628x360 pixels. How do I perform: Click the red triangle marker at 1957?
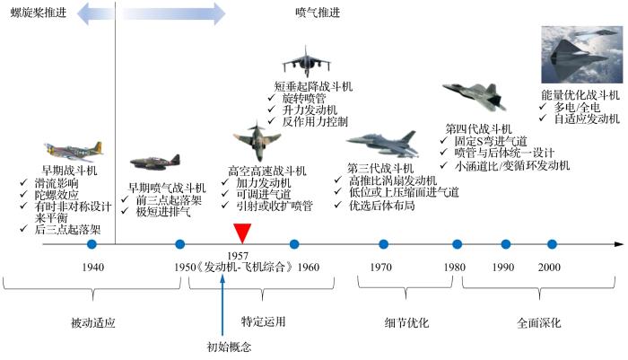(x=241, y=233)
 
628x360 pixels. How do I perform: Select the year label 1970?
(x=382, y=267)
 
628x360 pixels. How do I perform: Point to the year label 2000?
(x=550, y=267)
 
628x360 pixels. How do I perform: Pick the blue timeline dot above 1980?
(x=458, y=244)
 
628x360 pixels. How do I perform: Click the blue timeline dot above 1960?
(x=294, y=244)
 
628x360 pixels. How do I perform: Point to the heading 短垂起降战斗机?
(x=313, y=85)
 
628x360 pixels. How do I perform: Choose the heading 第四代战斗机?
(x=478, y=128)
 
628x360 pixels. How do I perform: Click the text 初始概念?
(x=229, y=346)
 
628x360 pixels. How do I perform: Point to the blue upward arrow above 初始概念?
(x=222, y=305)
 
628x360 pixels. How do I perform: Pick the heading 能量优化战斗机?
(x=580, y=93)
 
